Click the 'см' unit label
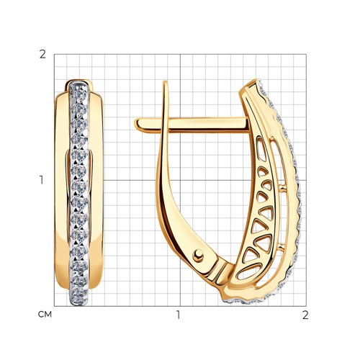click(x=45, y=315)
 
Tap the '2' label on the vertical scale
click(x=42, y=55)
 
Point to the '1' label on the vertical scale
click(x=42, y=180)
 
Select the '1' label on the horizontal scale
click(x=178, y=315)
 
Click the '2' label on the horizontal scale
click(x=305, y=315)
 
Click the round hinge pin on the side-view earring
click(x=198, y=255)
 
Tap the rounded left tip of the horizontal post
click(x=136, y=125)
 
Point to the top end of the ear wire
click(x=165, y=82)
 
